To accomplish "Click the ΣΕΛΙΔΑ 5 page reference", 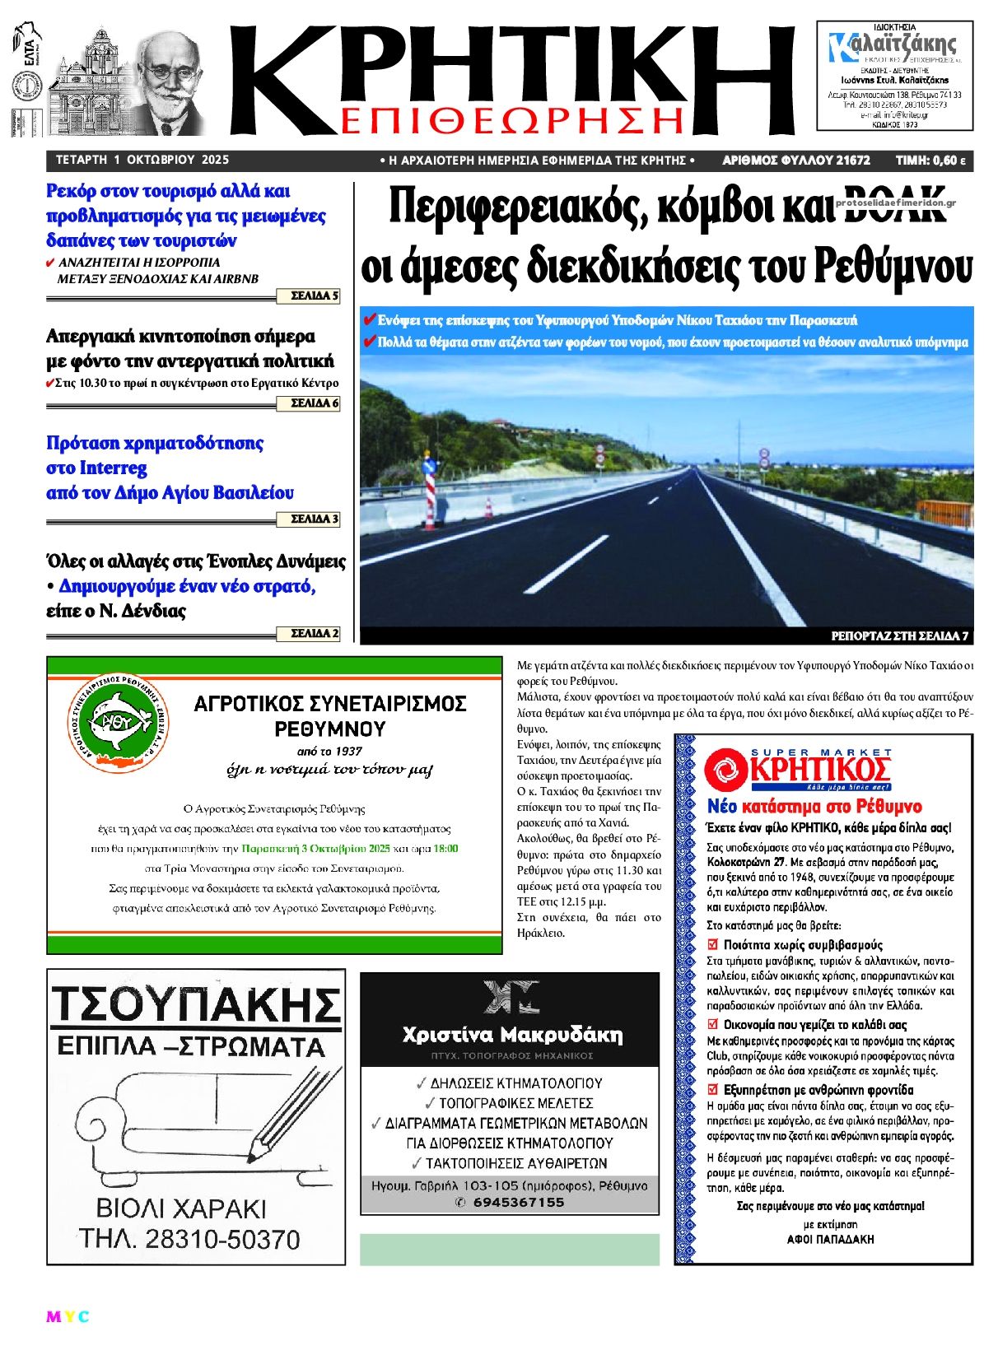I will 315,296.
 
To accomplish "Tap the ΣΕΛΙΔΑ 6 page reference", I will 315,403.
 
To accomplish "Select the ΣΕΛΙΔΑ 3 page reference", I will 315,519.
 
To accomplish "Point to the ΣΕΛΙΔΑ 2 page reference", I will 315,634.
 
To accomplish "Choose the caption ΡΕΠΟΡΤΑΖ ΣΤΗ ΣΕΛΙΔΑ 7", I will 899,636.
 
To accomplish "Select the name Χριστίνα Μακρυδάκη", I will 511,1035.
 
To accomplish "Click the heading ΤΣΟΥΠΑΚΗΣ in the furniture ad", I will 196,1004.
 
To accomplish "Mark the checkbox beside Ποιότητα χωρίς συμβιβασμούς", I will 713,944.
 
